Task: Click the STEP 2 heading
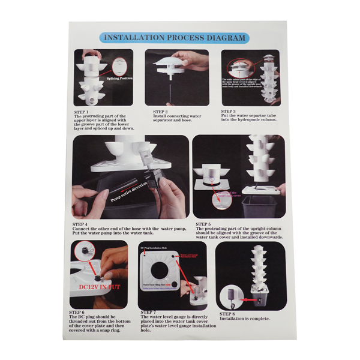pos(160,111)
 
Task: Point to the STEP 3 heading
pos(228,111)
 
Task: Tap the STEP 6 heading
pos(77,312)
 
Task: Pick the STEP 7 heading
pos(148,312)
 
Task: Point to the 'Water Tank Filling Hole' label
pos(154,283)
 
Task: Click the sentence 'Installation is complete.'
pos(244,319)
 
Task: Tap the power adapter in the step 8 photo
pos(230,293)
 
